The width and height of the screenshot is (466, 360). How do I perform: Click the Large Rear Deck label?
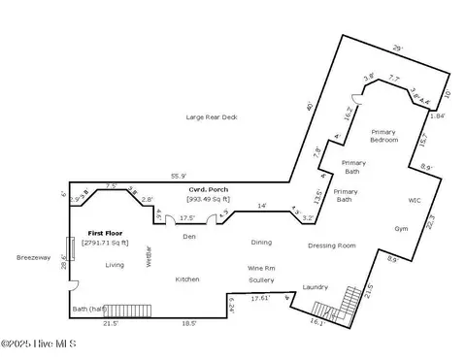[211, 116]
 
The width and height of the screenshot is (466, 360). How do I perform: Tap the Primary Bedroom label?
[384, 135]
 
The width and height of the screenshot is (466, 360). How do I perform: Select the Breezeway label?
[32, 257]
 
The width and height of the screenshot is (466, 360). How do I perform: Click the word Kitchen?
[187, 278]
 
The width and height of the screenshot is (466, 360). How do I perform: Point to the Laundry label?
[316, 286]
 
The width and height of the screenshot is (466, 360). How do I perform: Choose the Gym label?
[401, 229]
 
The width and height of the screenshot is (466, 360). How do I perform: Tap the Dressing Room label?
[332, 245]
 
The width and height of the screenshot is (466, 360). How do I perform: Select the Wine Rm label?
[262, 268]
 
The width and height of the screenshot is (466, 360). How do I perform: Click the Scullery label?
[261, 279]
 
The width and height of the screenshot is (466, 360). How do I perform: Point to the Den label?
[189, 236]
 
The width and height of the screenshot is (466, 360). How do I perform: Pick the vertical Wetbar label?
[149, 254]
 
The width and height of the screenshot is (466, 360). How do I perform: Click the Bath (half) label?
[92, 310]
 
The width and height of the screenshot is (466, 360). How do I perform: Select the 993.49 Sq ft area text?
[213, 199]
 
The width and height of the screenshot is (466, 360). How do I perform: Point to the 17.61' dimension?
[257, 299]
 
